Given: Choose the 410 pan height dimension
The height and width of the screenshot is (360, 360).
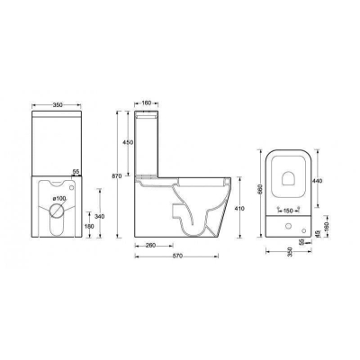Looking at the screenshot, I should tap(238, 208).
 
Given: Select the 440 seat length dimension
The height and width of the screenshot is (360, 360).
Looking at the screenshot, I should tap(317, 180).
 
